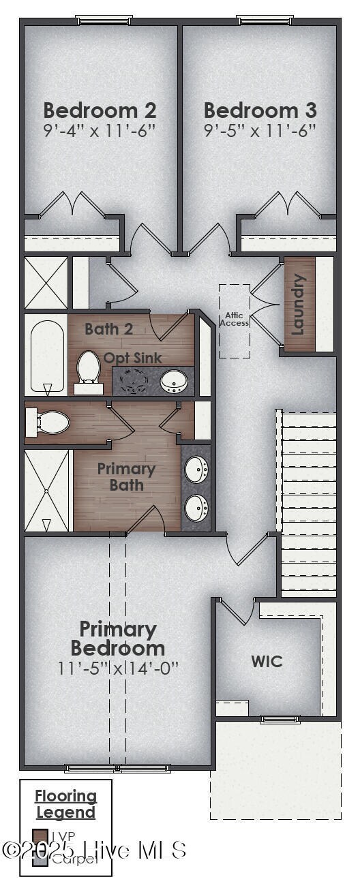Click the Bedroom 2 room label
[x=100, y=110]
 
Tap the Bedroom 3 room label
[x=260, y=110]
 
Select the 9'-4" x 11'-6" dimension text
[x=100, y=130]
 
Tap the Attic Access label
[x=234, y=319]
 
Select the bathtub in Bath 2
[x=47, y=354]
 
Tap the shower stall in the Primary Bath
[x=47, y=490]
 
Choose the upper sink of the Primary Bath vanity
[x=197, y=469]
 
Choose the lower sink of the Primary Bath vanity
[x=197, y=506]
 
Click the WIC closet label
[x=267, y=661]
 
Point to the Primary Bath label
[x=126, y=477]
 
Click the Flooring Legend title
[x=66, y=804]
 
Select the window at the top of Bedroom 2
[x=104, y=20]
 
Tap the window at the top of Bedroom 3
[x=264, y=20]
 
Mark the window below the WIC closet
[x=280, y=719]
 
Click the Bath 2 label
[x=109, y=329]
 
